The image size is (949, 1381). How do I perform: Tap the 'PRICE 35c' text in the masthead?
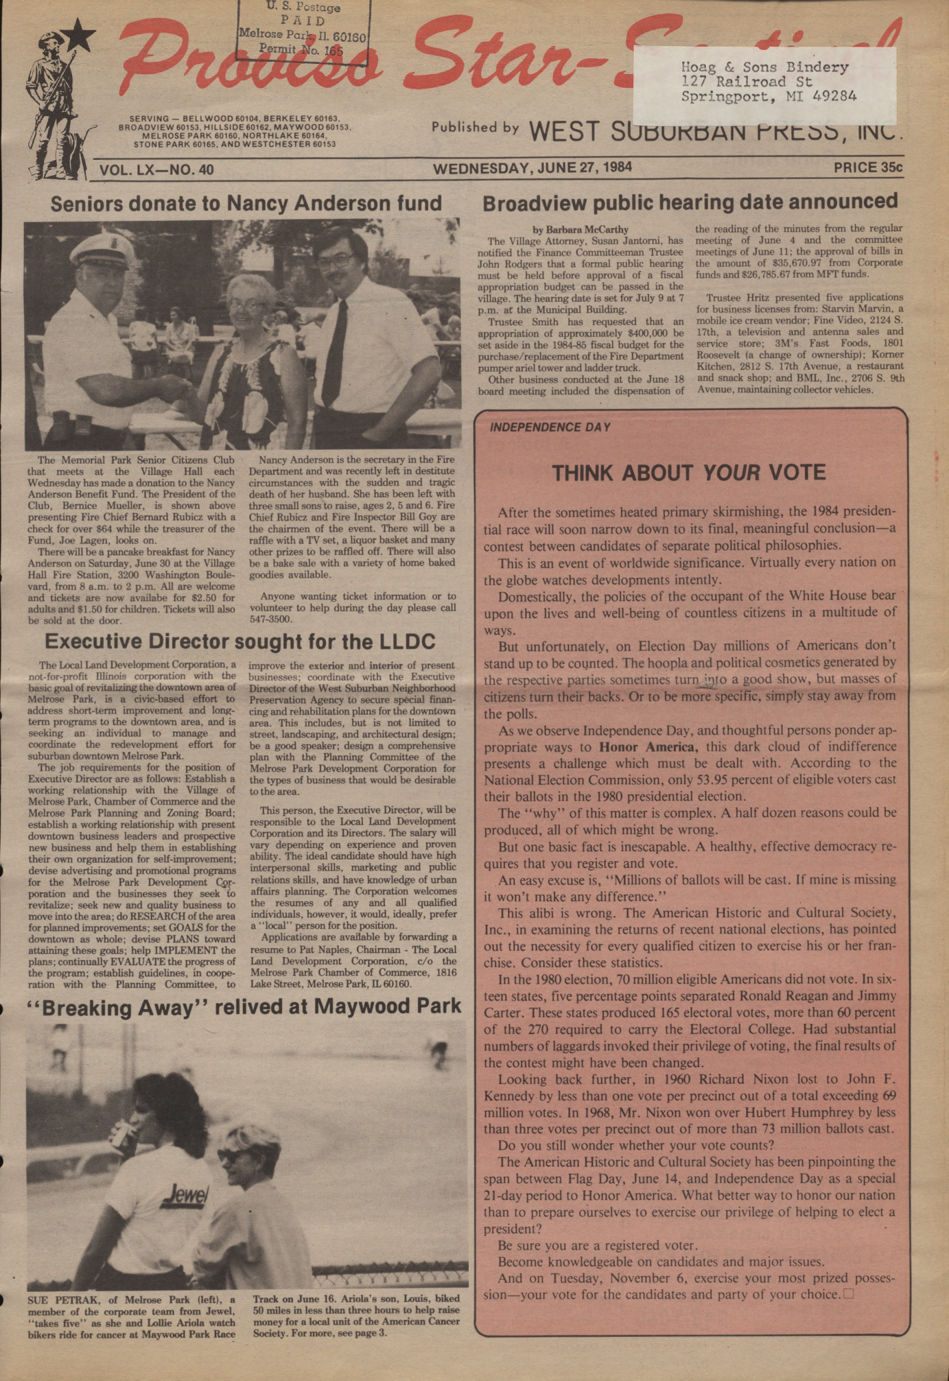867,167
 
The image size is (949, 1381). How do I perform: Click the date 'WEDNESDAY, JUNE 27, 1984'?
532,167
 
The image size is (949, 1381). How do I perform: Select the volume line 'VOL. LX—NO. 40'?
156,169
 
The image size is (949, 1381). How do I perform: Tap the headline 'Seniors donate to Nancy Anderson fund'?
246,204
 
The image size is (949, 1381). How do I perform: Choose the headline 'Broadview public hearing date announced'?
690,202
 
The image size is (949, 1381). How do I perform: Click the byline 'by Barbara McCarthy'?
581,229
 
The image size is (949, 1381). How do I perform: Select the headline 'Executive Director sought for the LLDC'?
240,641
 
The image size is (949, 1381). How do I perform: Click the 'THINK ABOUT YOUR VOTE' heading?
689,473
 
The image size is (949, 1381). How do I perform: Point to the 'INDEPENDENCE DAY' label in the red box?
550,427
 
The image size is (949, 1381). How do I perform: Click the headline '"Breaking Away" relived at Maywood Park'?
244,1007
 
